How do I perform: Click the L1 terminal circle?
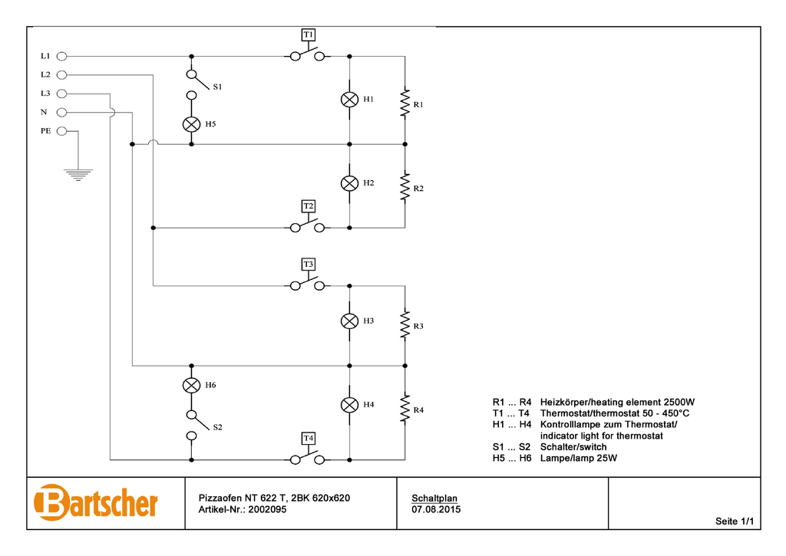click(62, 56)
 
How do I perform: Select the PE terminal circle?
click(62, 131)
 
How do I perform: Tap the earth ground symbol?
click(78, 175)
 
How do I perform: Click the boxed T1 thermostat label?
click(308, 35)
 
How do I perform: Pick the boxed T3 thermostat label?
click(308, 264)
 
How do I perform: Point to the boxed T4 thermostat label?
click(308, 438)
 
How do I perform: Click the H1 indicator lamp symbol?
click(349, 100)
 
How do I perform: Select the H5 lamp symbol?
click(191, 124)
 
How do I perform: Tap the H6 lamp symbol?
click(191, 385)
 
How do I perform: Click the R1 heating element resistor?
click(404, 104)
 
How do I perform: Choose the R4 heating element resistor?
click(404, 409)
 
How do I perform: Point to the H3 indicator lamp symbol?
click(349, 321)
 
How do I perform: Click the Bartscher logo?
click(96, 503)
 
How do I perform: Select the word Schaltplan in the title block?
click(434, 498)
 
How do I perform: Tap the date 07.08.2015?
click(436, 509)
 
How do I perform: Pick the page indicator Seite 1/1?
click(735, 521)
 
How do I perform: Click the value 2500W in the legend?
click(679, 402)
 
